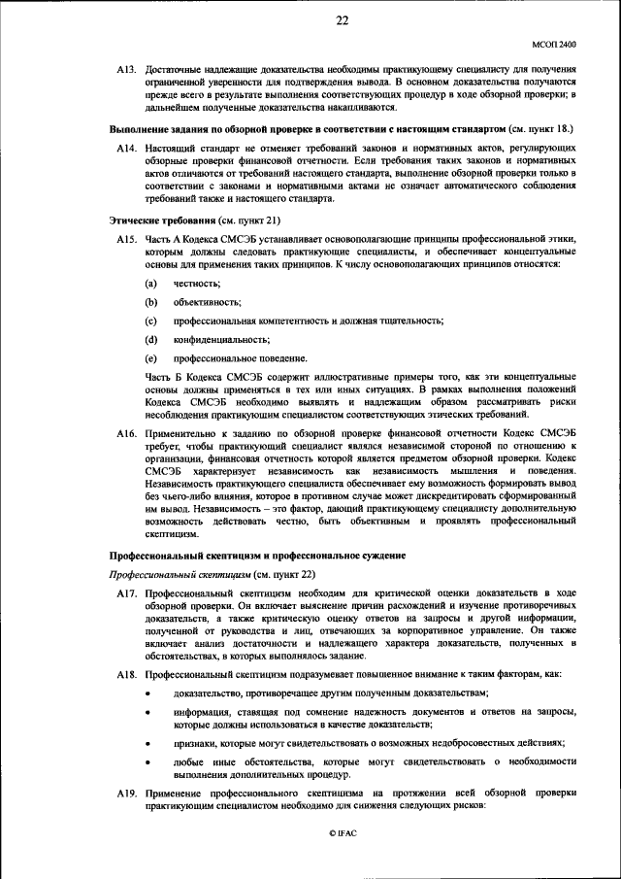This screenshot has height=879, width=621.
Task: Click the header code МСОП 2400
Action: [x=553, y=45]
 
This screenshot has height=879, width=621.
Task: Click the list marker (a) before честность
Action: [x=150, y=283]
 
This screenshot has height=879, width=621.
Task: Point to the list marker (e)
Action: [x=150, y=357]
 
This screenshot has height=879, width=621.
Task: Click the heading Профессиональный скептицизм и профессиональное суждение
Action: [x=255, y=554]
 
